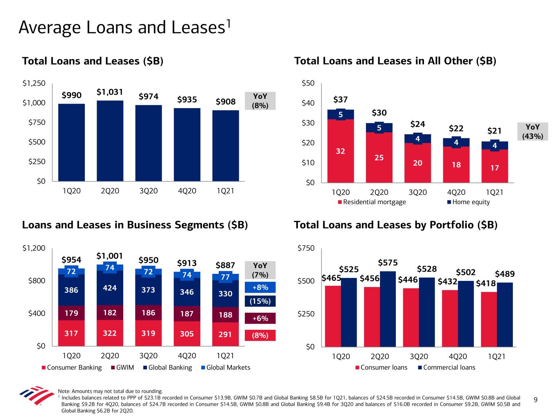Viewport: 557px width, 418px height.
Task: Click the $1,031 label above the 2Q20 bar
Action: coord(110,92)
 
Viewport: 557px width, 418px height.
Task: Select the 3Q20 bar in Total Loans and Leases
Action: coord(149,143)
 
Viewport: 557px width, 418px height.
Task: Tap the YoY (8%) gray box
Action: coord(260,100)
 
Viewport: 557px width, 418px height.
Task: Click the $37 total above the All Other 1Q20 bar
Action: coord(340,100)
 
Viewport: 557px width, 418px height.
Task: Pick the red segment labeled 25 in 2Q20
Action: coord(379,157)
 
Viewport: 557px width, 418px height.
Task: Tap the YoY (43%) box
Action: coord(533,132)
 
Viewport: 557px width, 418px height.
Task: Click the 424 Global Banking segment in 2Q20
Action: coord(110,288)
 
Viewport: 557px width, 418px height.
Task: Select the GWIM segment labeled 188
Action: coord(225,315)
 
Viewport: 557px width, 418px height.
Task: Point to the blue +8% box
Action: coord(260,287)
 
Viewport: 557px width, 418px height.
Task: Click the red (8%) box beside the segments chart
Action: coord(260,335)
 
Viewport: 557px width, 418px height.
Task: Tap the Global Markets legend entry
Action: coord(226,367)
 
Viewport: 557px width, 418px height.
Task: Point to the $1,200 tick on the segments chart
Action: coord(34,248)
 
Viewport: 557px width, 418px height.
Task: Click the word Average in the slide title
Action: coord(49,27)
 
